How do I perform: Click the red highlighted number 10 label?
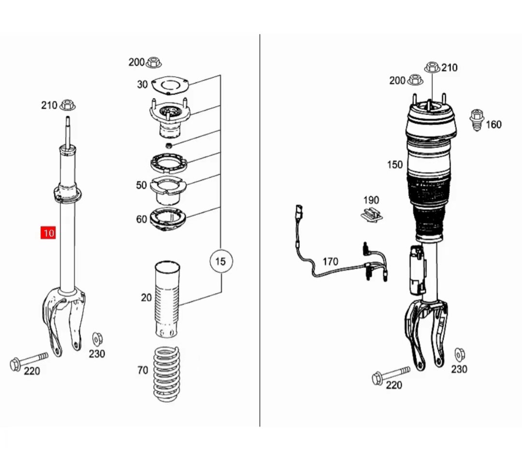[x=48, y=233]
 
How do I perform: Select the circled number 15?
[x=220, y=261]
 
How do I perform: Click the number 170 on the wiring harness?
[x=330, y=261]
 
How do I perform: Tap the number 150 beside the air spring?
[x=394, y=165]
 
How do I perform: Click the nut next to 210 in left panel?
[x=68, y=104]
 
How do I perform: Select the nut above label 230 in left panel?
[x=97, y=338]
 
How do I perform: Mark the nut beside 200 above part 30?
[x=154, y=62]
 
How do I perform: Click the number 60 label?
[x=141, y=219]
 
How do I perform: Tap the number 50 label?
[x=141, y=185]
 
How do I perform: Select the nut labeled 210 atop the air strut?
[x=432, y=67]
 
